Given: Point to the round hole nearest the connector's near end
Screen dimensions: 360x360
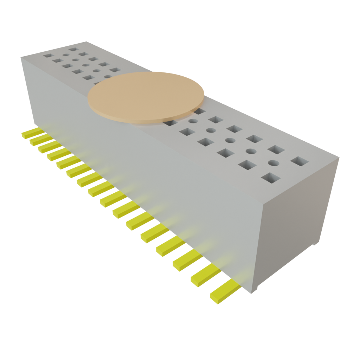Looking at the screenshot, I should (x=274, y=163).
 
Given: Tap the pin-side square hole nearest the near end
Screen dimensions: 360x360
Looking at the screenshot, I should (x=270, y=178).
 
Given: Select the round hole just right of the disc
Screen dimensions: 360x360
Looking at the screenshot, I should (x=193, y=121).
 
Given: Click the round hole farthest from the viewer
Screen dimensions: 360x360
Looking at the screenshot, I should (x=66, y=55).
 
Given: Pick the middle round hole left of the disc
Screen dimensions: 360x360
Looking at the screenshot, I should (x=85, y=65).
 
